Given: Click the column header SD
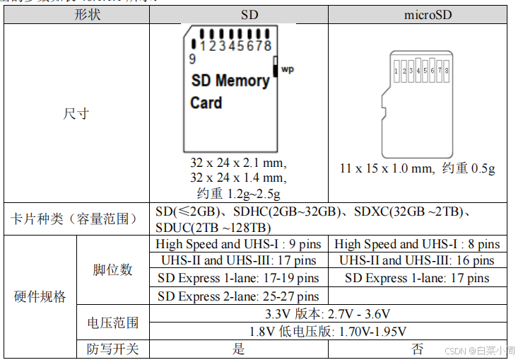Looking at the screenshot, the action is click(239, 14).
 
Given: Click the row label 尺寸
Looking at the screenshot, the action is click(76, 113).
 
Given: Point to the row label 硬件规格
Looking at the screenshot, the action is click(40, 296).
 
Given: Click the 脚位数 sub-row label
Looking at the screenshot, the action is click(112, 269).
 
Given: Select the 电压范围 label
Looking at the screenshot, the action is click(112, 323).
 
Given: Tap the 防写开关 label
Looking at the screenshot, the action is click(112, 349).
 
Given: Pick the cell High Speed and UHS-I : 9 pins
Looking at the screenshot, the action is click(239, 244).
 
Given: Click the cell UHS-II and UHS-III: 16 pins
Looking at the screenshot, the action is click(417, 261).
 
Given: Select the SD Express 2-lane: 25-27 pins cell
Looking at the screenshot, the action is click(239, 296).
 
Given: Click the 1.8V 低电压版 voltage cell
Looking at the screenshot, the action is click(328, 331).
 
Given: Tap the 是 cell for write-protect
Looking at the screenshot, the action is click(239, 349).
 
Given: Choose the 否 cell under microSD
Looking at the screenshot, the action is click(418, 349).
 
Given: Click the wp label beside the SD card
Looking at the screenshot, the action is click(287, 69).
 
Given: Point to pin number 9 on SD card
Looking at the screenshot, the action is click(192, 59).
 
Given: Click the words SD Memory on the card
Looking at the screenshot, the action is click(230, 81).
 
